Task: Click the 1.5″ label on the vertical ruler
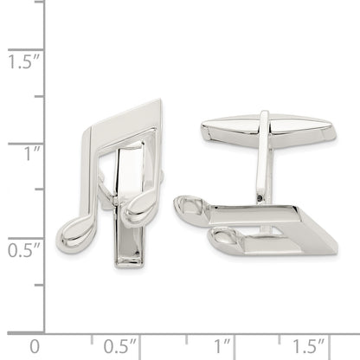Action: click(x=23, y=61)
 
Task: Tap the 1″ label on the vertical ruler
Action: click(x=32, y=153)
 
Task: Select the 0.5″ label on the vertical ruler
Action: click(x=23, y=250)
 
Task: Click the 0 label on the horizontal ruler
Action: click(x=35, y=346)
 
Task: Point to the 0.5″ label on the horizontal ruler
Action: click(x=119, y=346)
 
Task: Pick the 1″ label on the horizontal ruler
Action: click(x=222, y=346)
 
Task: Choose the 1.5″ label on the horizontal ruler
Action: click(x=309, y=346)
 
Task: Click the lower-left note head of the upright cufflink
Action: click(x=75, y=234)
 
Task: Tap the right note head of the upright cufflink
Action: click(x=140, y=206)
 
